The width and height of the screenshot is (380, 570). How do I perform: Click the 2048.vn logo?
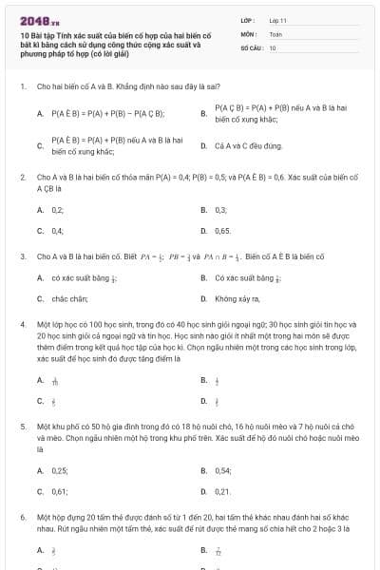coord(39,20)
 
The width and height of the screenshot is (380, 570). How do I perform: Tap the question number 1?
coord(22,86)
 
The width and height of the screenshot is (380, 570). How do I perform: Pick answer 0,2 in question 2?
coord(58,209)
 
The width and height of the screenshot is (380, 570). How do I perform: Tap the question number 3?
coord(22,256)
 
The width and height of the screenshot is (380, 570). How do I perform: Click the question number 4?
coord(22,325)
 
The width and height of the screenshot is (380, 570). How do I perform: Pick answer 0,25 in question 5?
coord(60,470)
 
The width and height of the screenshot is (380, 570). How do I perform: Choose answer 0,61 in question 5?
coord(60,491)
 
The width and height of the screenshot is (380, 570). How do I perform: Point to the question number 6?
coord(22,518)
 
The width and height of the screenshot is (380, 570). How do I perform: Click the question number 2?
coord(22,177)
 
